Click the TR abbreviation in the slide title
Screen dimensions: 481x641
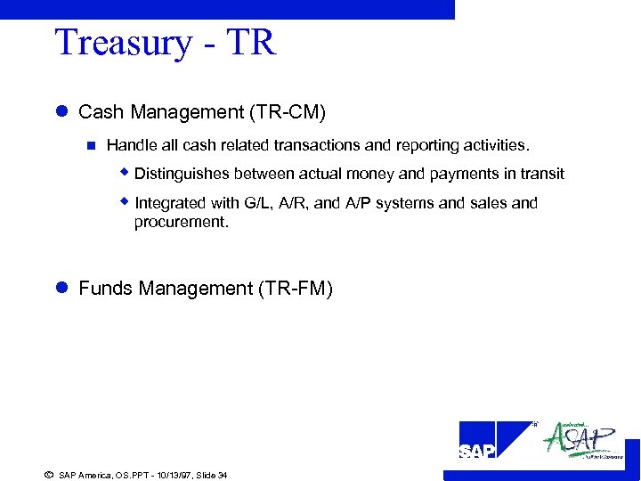(x=252, y=44)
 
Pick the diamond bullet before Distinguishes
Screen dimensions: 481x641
(x=126, y=173)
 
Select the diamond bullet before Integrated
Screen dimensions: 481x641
(x=126, y=202)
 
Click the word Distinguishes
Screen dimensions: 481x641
(x=182, y=174)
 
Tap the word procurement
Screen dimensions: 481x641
(x=181, y=222)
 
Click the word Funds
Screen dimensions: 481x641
(x=103, y=289)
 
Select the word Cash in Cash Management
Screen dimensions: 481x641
(x=98, y=112)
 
